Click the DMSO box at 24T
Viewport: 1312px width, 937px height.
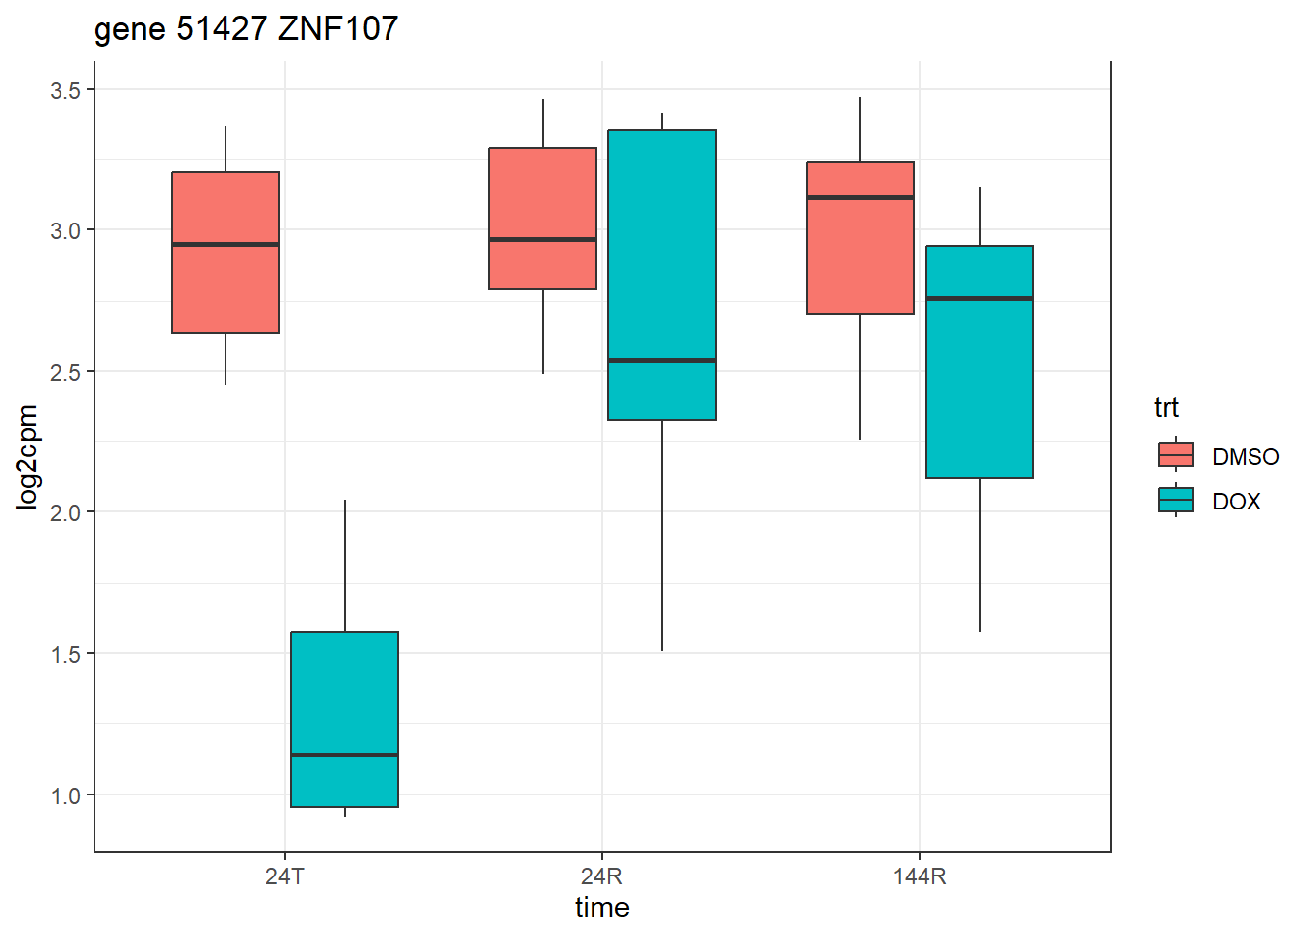(x=225, y=283)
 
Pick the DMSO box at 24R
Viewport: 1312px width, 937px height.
(x=543, y=195)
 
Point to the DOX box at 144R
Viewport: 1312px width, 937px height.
(x=979, y=390)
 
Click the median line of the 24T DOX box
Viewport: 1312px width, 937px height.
(x=345, y=754)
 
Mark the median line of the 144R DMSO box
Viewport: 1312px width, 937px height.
(x=860, y=197)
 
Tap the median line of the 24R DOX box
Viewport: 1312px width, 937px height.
(x=662, y=360)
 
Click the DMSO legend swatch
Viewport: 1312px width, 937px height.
(x=1175, y=455)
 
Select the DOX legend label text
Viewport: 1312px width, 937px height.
(x=1237, y=502)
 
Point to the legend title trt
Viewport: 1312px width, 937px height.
(x=1167, y=407)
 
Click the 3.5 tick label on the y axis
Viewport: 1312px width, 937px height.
(x=65, y=90)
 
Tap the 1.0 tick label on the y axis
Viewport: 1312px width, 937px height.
(x=65, y=795)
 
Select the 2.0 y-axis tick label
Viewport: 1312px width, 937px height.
(x=65, y=512)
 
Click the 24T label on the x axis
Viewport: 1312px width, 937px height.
(x=284, y=876)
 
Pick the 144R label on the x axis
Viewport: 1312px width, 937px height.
(x=920, y=876)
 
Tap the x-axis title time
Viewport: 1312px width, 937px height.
(x=601, y=908)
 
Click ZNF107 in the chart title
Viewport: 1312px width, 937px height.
(x=338, y=29)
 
